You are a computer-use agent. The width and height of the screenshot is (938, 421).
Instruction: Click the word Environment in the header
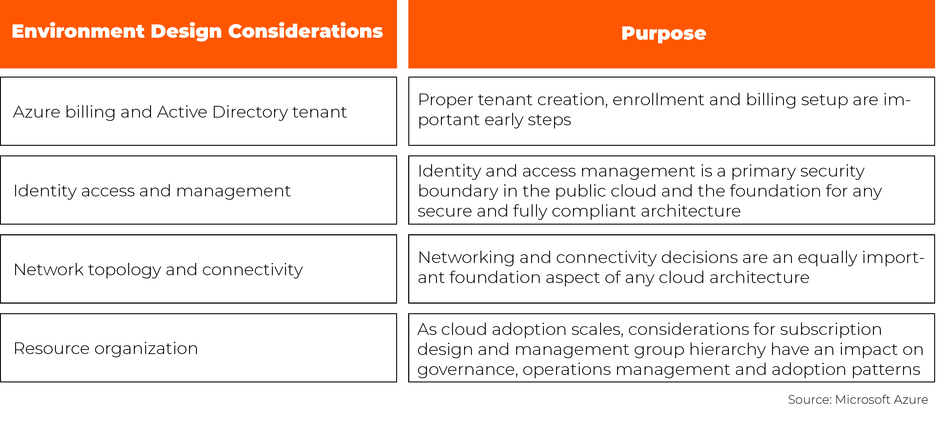78,31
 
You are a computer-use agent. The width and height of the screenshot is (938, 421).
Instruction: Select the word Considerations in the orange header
305,31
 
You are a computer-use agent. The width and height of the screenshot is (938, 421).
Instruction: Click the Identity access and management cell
199,190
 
